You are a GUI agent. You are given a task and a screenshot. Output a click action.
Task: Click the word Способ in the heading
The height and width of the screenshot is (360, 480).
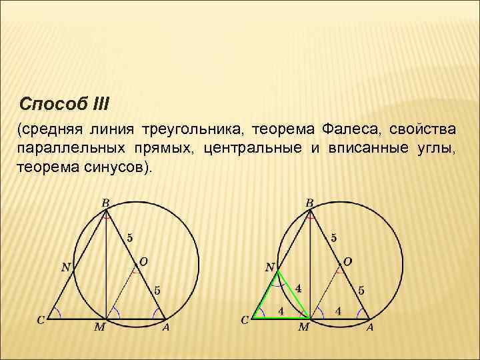(x=52, y=105)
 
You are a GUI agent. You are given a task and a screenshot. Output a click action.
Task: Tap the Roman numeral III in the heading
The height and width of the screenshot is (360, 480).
(x=97, y=105)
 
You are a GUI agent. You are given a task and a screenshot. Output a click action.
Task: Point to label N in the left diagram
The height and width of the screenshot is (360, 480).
(x=66, y=267)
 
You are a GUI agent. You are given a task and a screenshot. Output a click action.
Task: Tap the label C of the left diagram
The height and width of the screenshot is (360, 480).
(x=41, y=320)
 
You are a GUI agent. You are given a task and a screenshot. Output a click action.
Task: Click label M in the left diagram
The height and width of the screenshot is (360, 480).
(x=100, y=327)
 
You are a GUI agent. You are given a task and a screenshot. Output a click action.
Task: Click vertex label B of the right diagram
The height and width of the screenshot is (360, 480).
(x=309, y=202)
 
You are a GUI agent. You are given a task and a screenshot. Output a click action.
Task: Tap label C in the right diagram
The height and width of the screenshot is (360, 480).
(x=245, y=320)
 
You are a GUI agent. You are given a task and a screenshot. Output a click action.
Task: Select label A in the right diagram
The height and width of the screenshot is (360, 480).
(x=369, y=327)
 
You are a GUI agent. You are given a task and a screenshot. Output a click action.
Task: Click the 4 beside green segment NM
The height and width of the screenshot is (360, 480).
(x=298, y=289)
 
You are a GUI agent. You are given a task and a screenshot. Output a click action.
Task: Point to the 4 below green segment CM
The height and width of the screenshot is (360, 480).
(x=281, y=311)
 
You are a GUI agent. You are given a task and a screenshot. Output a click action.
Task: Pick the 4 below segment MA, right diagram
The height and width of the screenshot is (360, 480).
(x=339, y=311)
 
